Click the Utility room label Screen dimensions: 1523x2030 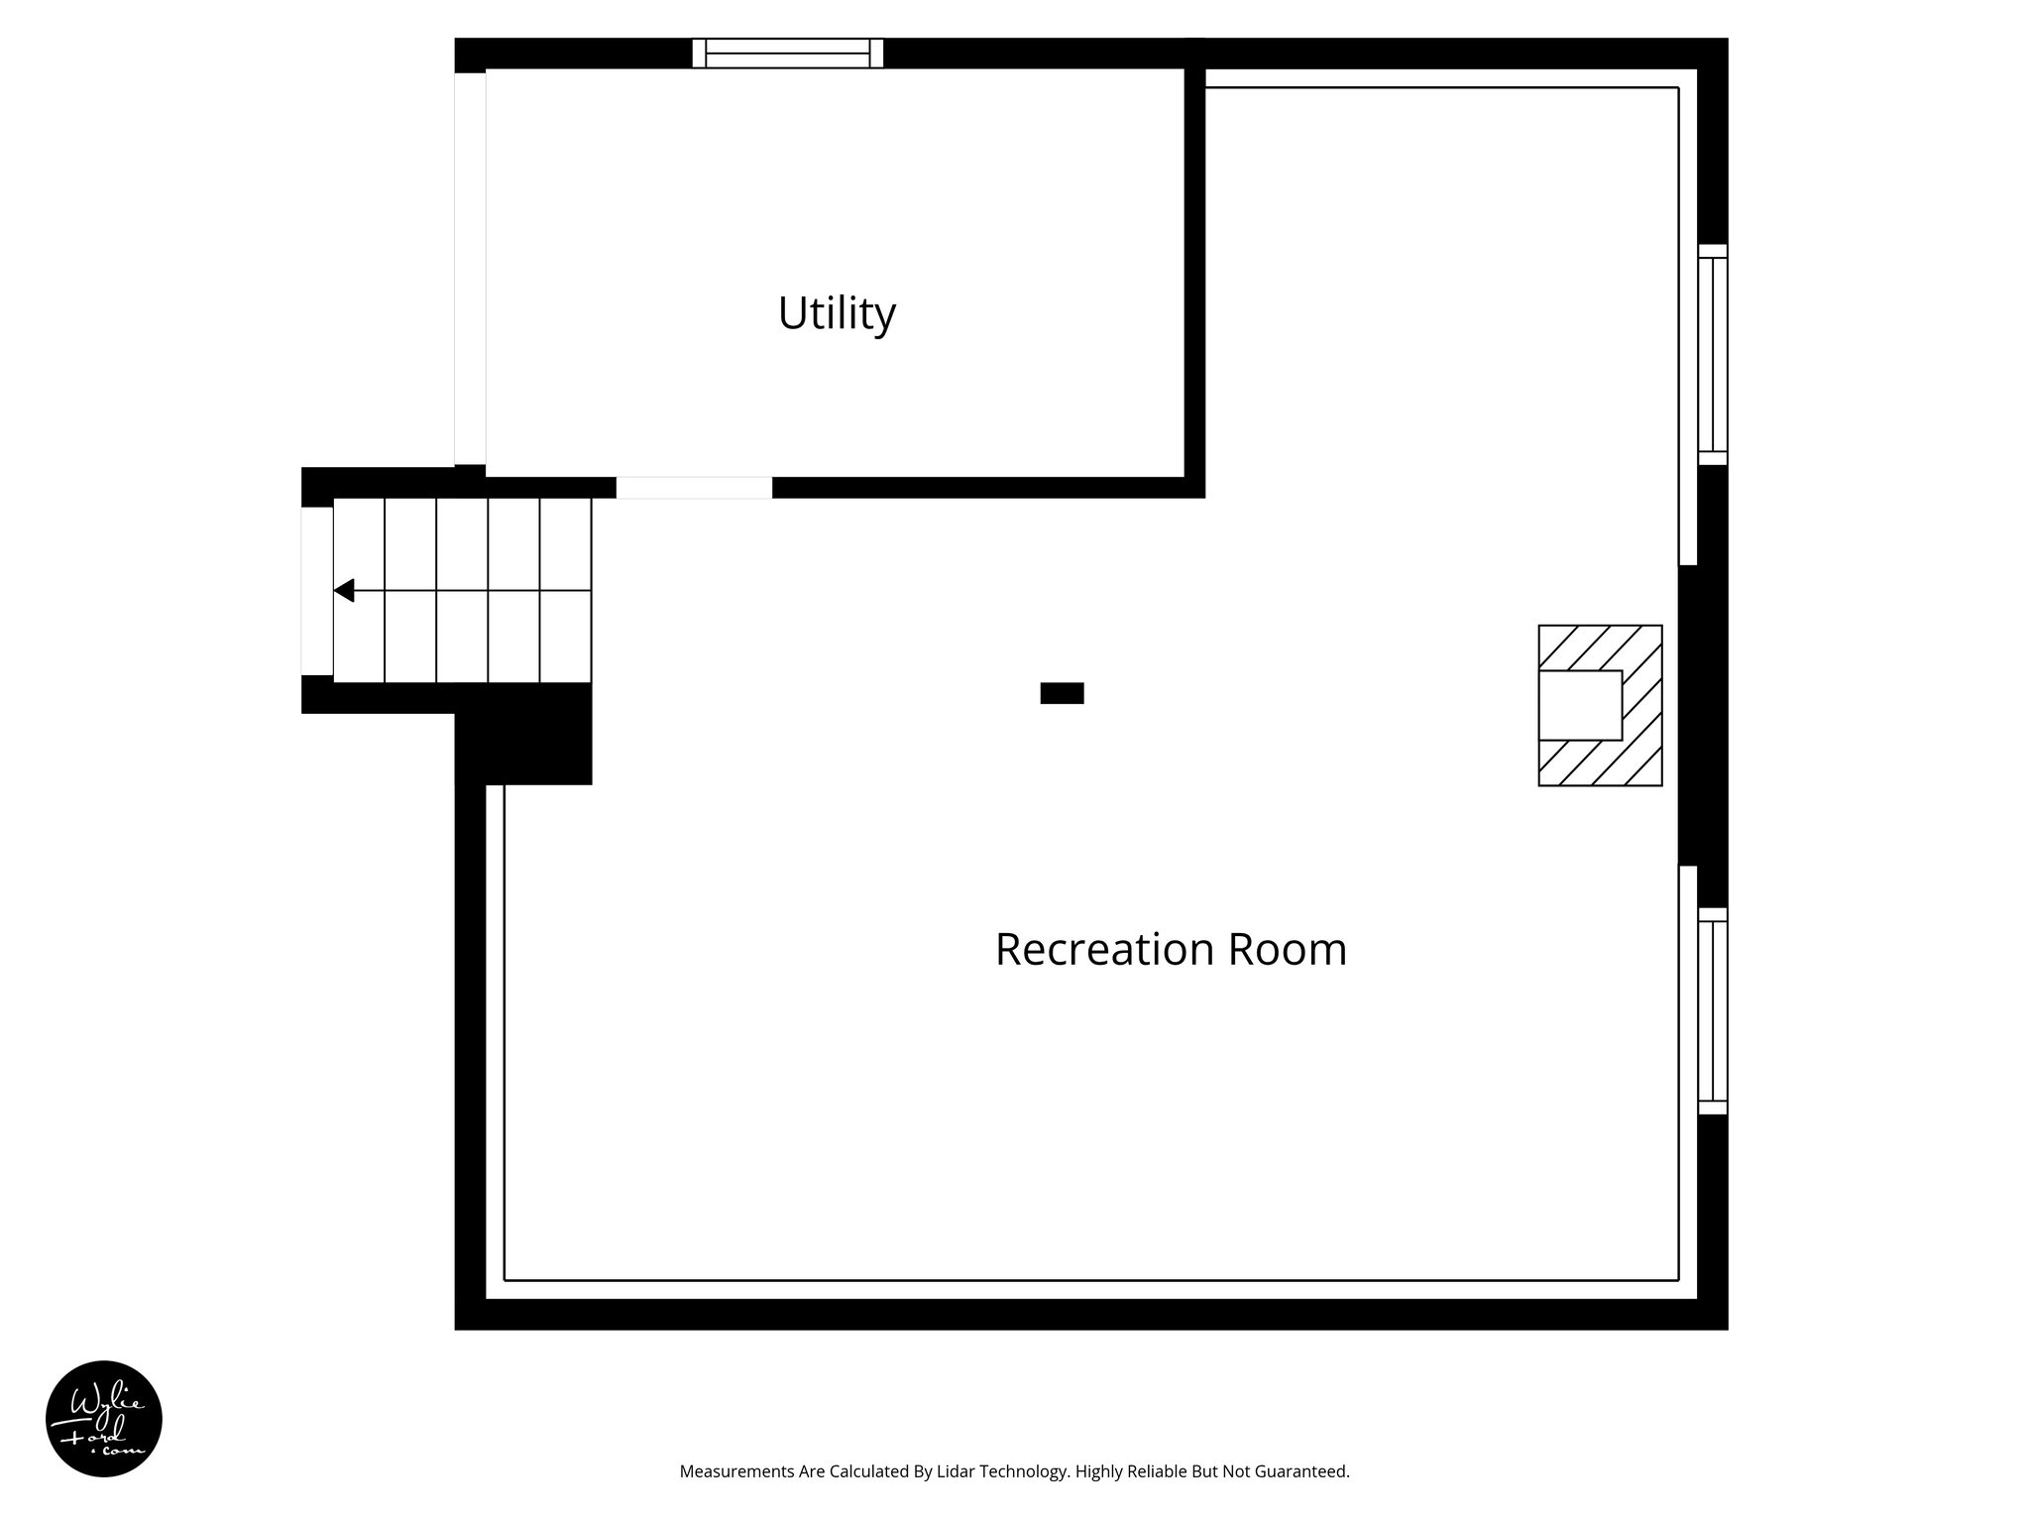pyautogui.click(x=837, y=313)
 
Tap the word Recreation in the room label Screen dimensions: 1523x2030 pyautogui.click(x=1104, y=949)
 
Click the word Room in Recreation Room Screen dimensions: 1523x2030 pyautogui.click(x=1288, y=949)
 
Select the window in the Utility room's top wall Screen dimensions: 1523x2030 pyautogui.click(x=787, y=53)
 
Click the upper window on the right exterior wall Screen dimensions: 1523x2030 pyautogui.click(x=1712, y=354)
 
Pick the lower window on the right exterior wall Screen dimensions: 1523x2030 pyautogui.click(x=1712, y=1010)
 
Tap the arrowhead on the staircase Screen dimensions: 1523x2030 pyautogui.click(x=344, y=591)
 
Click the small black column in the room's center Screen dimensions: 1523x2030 pyautogui.click(x=1062, y=693)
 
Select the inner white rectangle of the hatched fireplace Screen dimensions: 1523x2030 pyautogui.click(x=1579, y=705)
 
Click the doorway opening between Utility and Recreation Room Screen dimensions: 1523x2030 pyautogui.click(x=694, y=487)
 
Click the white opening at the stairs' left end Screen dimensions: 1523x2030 pyautogui.click(x=317, y=591)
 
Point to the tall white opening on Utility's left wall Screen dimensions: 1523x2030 pyautogui.click(x=470, y=268)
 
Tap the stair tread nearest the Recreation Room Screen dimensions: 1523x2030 pyautogui.click(x=565, y=591)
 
